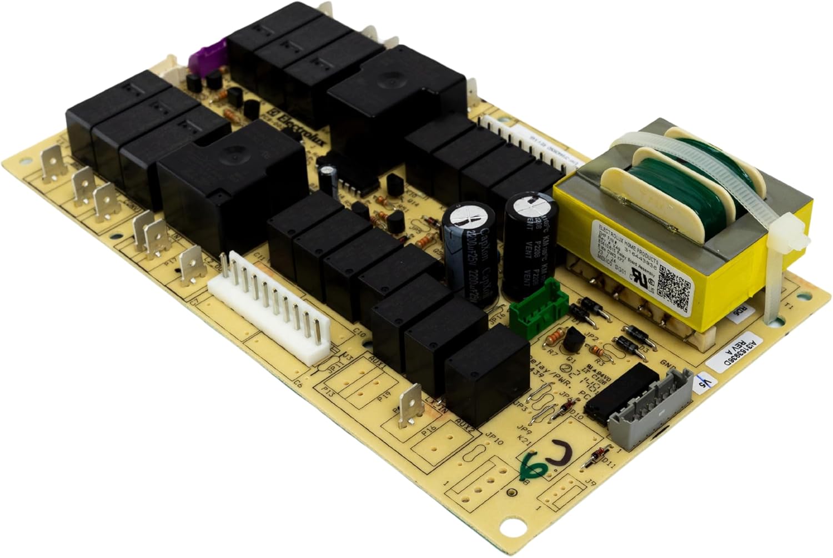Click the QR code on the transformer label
[x=673, y=284]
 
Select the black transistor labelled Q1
[x=570, y=340]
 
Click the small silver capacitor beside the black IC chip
[x=328, y=175]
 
